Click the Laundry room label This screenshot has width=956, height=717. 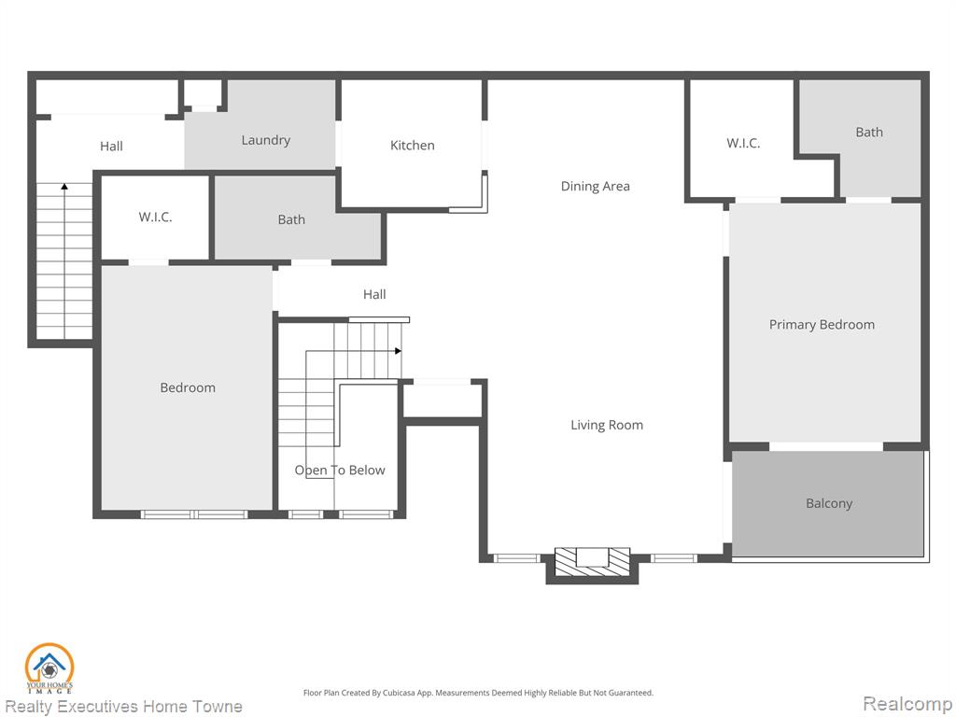(266, 140)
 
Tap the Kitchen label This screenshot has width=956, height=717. (412, 145)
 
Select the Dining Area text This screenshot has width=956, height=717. (595, 187)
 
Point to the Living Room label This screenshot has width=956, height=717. (607, 425)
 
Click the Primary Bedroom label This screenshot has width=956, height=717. (822, 324)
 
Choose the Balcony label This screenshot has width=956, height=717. (829, 503)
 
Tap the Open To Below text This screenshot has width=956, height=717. (340, 471)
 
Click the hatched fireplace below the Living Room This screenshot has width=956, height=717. (592, 561)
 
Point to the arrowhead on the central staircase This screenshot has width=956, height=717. (398, 351)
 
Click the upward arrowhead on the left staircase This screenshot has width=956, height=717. (64, 187)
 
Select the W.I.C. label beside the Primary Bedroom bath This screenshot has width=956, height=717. (743, 143)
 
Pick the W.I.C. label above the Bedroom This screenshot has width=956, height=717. (156, 217)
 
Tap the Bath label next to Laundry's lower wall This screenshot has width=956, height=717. (291, 219)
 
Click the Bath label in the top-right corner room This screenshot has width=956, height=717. (869, 133)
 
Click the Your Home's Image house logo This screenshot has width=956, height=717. (49, 668)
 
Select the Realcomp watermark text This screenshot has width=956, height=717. (907, 703)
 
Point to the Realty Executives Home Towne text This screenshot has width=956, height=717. (124, 707)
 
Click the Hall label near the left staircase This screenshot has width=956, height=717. (112, 147)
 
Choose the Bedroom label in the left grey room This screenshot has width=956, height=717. (188, 387)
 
